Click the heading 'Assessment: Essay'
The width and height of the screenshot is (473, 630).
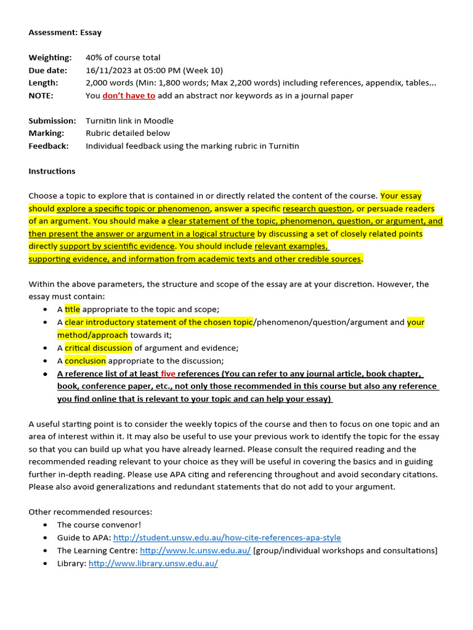coord(65,32)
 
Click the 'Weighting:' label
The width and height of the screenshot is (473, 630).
coord(50,58)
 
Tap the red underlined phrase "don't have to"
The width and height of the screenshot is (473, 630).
coord(129,95)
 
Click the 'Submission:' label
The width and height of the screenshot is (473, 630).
coord(52,121)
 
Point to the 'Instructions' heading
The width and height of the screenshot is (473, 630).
coord(52,171)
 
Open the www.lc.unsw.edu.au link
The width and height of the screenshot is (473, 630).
coord(195,551)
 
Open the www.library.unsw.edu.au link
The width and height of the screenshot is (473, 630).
coord(153,563)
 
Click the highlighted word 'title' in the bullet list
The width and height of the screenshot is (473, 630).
coord(73,309)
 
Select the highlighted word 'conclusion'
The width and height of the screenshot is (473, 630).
coord(86,361)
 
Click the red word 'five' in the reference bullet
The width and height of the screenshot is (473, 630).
coord(168,373)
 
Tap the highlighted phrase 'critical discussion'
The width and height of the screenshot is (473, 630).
coord(99,348)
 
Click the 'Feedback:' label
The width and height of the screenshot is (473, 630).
coord(49,146)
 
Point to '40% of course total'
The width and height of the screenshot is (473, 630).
coord(123,58)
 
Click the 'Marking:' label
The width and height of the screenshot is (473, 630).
coord(46,133)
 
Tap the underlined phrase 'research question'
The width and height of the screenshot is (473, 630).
coord(317,209)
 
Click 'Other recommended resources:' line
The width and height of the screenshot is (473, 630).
coord(90,512)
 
